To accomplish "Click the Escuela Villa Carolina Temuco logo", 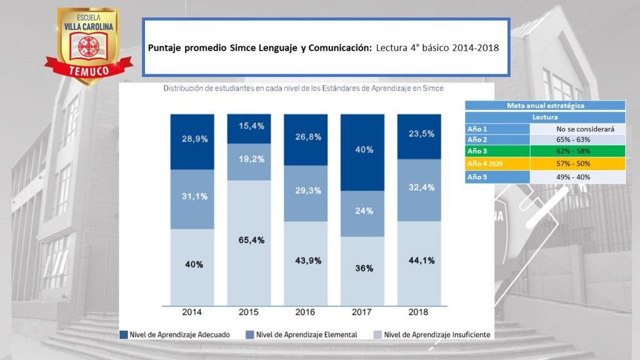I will pos(88,45).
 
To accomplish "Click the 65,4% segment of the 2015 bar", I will pos(249,239).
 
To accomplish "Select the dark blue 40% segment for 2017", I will pos(362,150).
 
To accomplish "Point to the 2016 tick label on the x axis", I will pos(306,312).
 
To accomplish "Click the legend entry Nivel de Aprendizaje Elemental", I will pos(302,334).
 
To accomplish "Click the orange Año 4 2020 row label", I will pos(497,164).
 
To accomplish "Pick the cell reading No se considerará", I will pos(577,128).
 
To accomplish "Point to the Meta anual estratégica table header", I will pos(546,106).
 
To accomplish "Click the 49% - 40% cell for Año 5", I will pos(577,176).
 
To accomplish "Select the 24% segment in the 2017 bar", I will pos(362,211).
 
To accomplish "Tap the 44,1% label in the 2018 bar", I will pos(419,261).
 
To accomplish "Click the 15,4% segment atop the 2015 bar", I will pos(249,126).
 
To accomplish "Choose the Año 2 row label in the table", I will pos(497,140).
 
